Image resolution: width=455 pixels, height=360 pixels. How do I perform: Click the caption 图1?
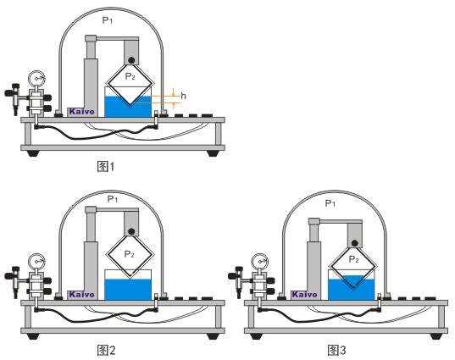pos(106,167)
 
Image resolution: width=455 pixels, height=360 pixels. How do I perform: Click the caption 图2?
pos(106,351)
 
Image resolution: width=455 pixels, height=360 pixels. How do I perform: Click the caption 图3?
pos(337,351)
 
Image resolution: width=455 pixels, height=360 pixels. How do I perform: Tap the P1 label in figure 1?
pos(108,20)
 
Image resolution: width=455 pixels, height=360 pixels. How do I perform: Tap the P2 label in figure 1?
pos(130,76)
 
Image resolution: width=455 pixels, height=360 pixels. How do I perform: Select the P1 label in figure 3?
pos(330,203)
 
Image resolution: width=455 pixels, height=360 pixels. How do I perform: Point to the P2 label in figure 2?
pos(129,254)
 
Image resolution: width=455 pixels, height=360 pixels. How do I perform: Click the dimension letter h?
pos(183,96)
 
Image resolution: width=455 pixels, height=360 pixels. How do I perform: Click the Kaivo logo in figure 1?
pos(81,112)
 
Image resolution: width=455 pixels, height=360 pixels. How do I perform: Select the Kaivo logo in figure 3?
pos(304,295)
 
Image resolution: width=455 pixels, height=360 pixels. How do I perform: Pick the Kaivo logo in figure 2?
pos(81,295)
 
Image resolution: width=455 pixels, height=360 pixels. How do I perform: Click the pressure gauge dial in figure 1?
pos(36,78)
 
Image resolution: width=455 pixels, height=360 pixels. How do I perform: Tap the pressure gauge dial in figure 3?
pos(260,262)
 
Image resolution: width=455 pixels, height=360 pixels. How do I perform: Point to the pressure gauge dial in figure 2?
pos(36,262)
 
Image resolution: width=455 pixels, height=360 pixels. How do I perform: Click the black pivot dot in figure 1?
pos(131,60)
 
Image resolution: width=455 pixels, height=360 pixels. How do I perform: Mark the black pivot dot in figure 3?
pos(354,243)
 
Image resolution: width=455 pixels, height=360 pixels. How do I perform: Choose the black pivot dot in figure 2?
pos(131,231)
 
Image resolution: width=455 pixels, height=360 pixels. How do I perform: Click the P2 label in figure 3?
pos(353,259)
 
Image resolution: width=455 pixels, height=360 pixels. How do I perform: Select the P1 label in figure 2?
pos(113,200)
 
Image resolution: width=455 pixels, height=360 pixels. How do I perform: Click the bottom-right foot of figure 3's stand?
pos(436,336)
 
